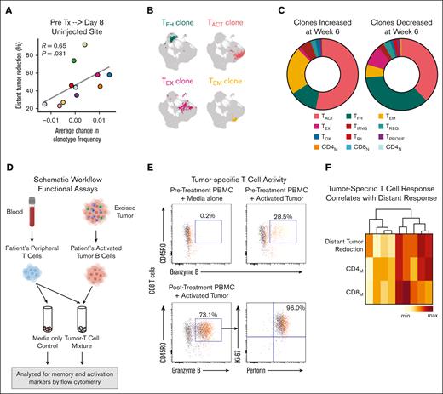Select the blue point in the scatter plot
[109, 75]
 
